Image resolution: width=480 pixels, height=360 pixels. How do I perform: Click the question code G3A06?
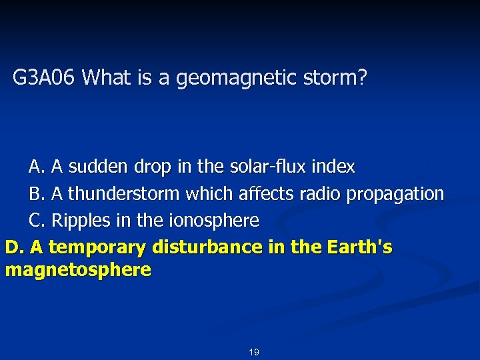coord(45,79)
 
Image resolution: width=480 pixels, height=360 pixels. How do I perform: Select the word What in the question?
coord(108,79)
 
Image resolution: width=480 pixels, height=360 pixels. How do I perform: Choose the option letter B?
coord(36,194)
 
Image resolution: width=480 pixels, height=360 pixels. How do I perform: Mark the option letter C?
coord(36,220)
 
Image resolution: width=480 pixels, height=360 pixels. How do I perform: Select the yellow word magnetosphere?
coord(77,270)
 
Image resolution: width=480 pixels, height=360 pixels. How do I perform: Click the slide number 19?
coord(253,352)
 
